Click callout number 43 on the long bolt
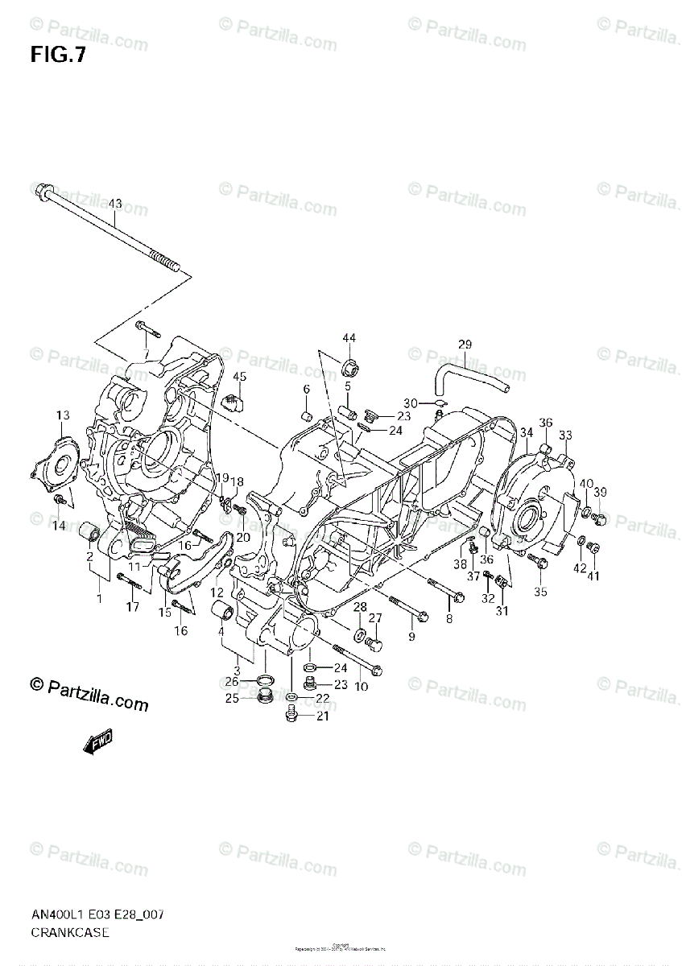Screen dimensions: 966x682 tap(115, 203)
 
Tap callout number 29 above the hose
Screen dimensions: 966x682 tap(465, 345)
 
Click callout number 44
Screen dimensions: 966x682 tap(349, 338)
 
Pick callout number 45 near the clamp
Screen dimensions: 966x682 tap(239, 377)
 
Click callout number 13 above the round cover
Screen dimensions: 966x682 tap(63, 415)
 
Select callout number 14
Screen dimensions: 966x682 tap(60, 526)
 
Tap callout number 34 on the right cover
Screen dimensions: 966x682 tap(526, 433)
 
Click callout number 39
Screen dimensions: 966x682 tap(601, 493)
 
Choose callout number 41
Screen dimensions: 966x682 tap(593, 575)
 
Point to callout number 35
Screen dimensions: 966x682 tap(540, 592)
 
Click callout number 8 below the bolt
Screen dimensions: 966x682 tap(448, 618)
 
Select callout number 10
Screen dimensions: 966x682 tap(361, 686)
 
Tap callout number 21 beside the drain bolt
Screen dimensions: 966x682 tap(322, 716)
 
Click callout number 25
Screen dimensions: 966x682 tap(232, 698)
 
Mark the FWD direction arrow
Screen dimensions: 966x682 tap(97, 741)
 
